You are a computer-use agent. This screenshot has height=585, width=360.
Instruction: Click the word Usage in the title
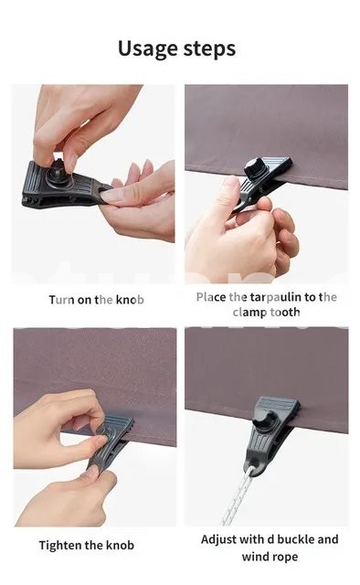click(147, 48)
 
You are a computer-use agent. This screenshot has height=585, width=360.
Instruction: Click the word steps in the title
click(209, 49)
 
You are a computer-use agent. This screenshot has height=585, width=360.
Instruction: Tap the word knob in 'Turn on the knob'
click(130, 300)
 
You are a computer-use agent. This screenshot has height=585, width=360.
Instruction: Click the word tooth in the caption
click(285, 312)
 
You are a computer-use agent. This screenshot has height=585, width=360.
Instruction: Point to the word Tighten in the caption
click(60, 546)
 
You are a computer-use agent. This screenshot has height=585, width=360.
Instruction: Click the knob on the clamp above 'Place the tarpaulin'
click(255, 168)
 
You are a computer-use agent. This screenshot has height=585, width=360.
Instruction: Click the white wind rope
click(236, 497)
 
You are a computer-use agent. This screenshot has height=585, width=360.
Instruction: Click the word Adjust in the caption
click(218, 540)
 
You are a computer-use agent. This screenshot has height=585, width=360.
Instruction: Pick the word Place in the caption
click(211, 297)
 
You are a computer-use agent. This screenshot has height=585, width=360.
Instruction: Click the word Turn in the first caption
click(61, 300)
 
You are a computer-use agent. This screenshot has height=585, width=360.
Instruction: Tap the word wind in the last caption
click(255, 557)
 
